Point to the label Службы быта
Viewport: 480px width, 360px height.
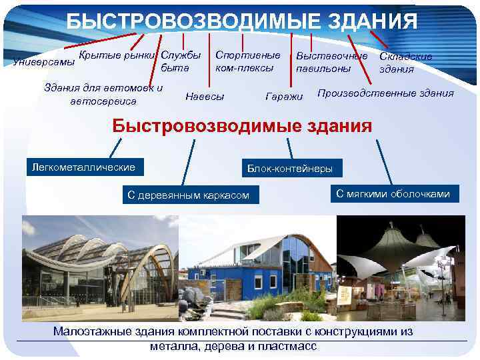tap(181, 61)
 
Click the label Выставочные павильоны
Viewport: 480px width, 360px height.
tap(331, 62)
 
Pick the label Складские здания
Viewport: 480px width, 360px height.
tap(405, 63)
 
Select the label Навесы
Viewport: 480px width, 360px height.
tap(205, 96)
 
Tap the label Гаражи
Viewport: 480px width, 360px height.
tap(284, 97)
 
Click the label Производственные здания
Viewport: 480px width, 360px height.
tap(385, 93)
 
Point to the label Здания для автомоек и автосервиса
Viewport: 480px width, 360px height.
tap(103, 94)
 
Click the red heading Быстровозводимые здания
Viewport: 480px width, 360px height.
tap(241, 125)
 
